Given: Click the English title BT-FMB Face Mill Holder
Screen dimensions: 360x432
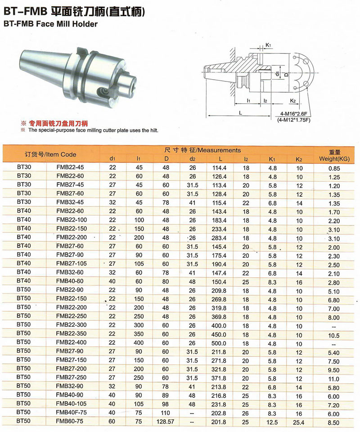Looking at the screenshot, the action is [51, 24].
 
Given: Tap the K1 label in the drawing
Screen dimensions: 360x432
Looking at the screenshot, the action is [268, 45].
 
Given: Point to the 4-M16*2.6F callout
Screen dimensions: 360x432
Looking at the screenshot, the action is [293, 114].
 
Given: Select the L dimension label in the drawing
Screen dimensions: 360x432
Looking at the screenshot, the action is [240, 112].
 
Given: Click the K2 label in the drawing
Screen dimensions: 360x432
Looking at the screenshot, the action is [293, 101].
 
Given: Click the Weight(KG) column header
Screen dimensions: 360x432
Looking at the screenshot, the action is [334, 159].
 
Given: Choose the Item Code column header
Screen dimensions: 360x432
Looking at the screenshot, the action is [50, 154].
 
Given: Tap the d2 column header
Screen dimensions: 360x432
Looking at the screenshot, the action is [192, 159].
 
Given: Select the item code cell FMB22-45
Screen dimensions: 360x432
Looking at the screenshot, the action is [70, 167].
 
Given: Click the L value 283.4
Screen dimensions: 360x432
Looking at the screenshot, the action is [219, 238].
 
